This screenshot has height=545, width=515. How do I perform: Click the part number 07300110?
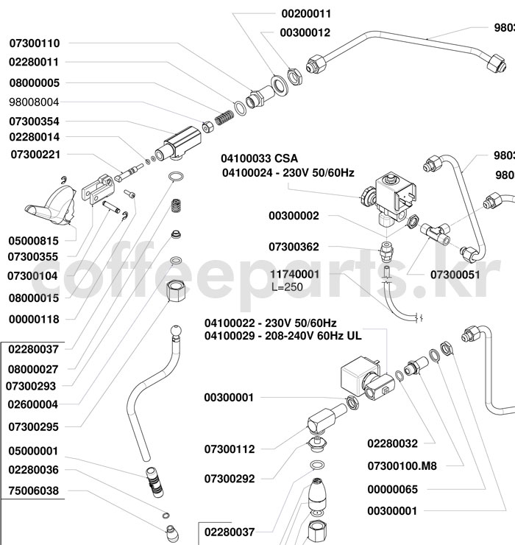(35, 43)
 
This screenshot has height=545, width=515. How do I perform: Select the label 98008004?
(35, 102)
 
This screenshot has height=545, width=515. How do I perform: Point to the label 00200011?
(306, 14)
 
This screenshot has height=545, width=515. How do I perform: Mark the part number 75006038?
(33, 490)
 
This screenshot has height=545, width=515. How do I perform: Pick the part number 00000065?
(392, 489)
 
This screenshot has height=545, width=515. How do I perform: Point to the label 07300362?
(294, 247)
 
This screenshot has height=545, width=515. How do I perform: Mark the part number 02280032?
(392, 443)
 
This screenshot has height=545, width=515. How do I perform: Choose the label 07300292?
(230, 479)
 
